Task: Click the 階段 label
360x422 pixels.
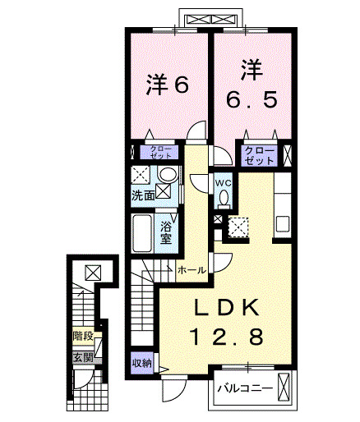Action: pyautogui.click(x=81, y=335)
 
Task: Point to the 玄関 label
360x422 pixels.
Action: pyautogui.click(x=81, y=357)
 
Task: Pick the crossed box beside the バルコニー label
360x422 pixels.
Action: pyautogui.click(x=285, y=388)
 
